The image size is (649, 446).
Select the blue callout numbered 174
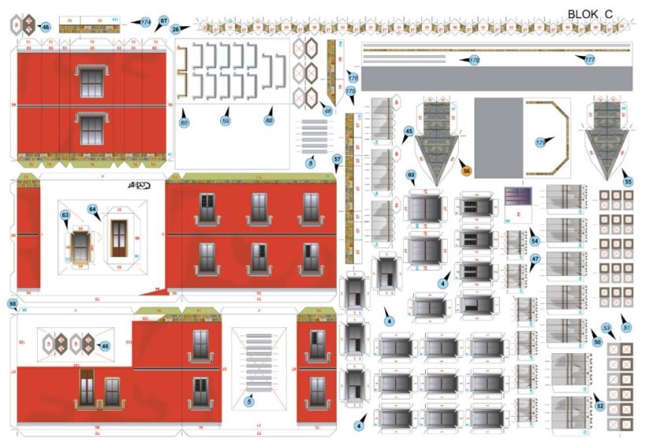tap(146, 23)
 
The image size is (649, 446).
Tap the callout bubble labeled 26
tap(175, 28)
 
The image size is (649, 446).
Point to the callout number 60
tap(185, 123)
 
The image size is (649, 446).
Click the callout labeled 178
tap(474, 60)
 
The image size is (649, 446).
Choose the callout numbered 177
tap(589, 59)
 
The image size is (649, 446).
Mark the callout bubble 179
tap(540, 143)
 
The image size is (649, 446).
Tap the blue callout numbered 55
tap(627, 180)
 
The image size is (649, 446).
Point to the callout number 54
tap(535, 240)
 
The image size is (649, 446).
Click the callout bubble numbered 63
tap(65, 214)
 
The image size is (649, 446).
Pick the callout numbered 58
tap(12, 303)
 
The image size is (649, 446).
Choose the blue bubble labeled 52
tap(600, 407)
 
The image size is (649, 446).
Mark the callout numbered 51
tap(626, 327)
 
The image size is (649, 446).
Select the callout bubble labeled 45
tap(409, 131)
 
